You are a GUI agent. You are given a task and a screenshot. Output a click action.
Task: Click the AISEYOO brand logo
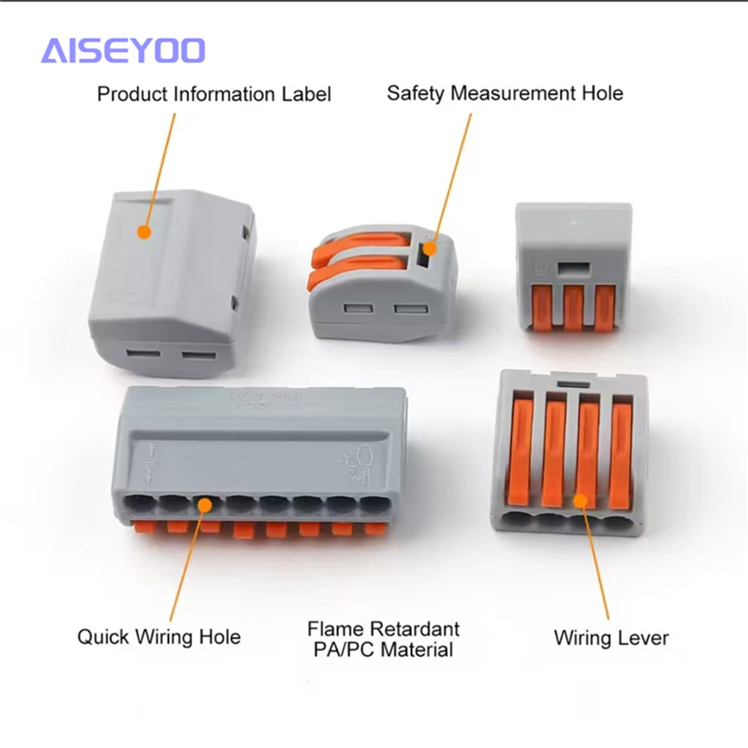pos(123,50)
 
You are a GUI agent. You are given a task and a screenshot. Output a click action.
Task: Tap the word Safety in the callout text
pos(415,93)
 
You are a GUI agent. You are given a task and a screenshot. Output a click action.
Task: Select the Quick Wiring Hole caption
pos(159,637)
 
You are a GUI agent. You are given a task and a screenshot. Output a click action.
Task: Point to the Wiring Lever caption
pos(611,638)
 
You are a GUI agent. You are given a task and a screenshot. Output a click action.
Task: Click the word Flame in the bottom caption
pos(334,629)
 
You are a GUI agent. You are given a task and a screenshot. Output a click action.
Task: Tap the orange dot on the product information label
pos(144,232)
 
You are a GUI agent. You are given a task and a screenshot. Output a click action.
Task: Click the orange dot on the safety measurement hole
pos(430,248)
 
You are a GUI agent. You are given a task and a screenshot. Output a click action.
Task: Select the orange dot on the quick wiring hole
pos(205,505)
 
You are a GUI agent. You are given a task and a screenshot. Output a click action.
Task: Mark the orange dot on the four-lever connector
pos(580,501)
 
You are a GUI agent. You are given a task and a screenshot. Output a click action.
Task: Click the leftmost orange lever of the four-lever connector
pos(520,451)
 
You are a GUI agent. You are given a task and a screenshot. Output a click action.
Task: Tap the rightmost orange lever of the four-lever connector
pos(620,456)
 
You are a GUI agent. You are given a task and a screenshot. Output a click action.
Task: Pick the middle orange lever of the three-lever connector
pos(573,308)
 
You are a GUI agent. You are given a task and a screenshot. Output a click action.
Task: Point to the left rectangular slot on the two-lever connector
pos(359,309)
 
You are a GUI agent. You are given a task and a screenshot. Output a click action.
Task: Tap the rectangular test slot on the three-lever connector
pos(574,269)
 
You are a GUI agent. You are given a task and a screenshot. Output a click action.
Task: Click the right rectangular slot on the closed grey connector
pos(199,356)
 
